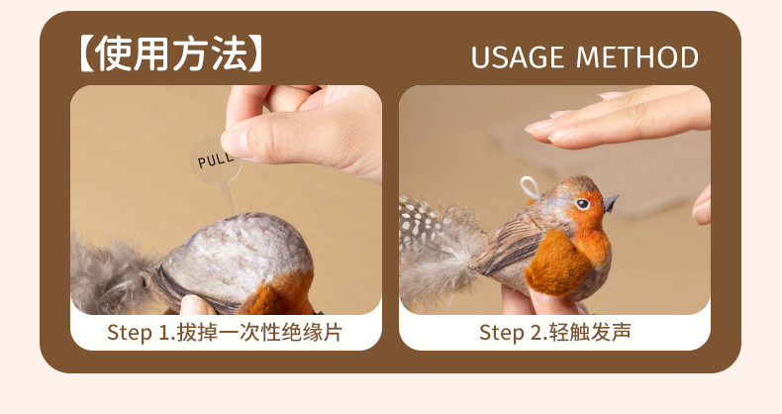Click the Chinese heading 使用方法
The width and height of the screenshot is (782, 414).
click(x=170, y=53)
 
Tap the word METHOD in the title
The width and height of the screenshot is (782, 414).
click(x=637, y=57)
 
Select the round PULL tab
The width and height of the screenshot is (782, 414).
click(x=216, y=159)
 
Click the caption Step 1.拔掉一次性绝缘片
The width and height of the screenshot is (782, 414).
click(x=225, y=332)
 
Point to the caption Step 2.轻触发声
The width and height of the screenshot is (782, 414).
click(x=554, y=332)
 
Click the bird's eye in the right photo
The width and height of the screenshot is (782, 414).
click(x=581, y=203)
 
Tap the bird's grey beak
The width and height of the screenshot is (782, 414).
click(x=611, y=202)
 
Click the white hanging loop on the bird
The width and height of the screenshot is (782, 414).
click(x=531, y=187)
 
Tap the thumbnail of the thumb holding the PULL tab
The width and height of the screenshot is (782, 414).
click(x=231, y=143)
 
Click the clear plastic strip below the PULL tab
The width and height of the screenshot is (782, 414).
click(x=229, y=200)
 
